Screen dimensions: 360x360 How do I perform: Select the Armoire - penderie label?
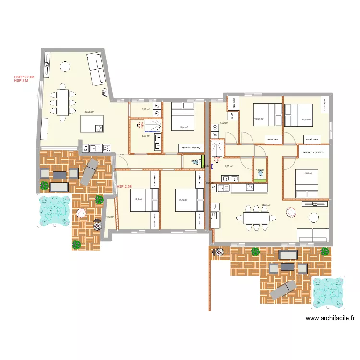313,152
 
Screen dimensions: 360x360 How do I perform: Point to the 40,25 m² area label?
89,112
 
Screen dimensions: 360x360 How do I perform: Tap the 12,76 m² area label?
182,200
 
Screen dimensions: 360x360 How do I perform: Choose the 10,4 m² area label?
183,127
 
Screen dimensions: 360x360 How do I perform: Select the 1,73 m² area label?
109,217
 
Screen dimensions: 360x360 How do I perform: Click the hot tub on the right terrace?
328,292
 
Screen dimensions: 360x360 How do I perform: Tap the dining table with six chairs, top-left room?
62,102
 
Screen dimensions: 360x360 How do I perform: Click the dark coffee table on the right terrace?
288,265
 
